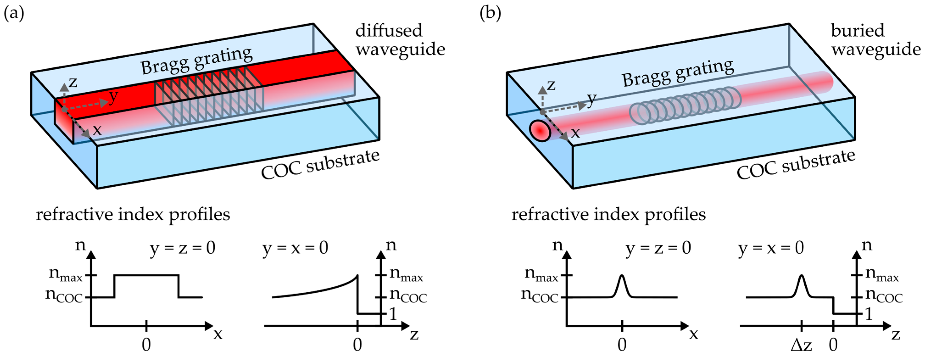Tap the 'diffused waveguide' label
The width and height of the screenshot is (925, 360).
(x=400, y=40)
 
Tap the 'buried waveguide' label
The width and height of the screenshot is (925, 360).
(x=875, y=40)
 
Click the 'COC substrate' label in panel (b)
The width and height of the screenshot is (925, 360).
(x=796, y=164)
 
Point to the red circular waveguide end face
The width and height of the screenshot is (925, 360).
(x=540, y=131)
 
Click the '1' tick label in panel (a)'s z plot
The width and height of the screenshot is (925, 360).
(x=393, y=314)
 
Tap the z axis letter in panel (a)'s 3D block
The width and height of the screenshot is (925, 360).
(x=73, y=82)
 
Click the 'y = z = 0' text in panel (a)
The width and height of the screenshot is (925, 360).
(x=182, y=248)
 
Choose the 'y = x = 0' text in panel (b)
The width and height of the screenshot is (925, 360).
(x=771, y=248)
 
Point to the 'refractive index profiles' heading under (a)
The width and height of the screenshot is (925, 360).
(x=133, y=215)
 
